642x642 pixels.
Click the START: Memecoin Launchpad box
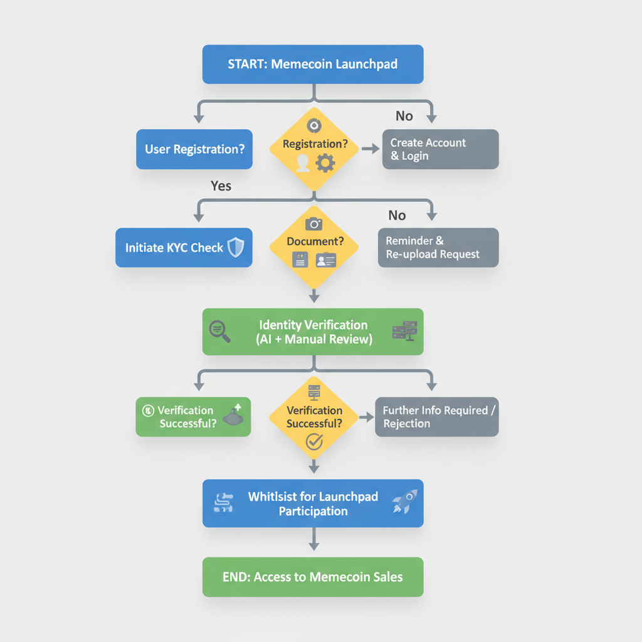point(313,64)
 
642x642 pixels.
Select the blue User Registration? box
point(194,149)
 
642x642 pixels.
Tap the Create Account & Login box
point(440,149)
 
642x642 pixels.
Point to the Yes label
point(221,186)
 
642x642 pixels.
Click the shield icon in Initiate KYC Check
point(236,248)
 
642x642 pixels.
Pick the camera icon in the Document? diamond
point(313,224)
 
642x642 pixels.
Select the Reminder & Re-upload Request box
point(438,248)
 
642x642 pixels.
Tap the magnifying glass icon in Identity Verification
point(219,331)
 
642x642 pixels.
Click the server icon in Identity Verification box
point(404,330)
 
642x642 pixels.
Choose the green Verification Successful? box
point(193,417)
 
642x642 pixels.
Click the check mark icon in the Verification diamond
point(313,442)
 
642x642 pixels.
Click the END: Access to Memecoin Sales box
point(313,577)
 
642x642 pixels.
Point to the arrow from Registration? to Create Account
point(370,149)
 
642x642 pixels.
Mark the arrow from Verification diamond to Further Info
point(366,417)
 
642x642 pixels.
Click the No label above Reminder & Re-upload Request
point(397,215)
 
